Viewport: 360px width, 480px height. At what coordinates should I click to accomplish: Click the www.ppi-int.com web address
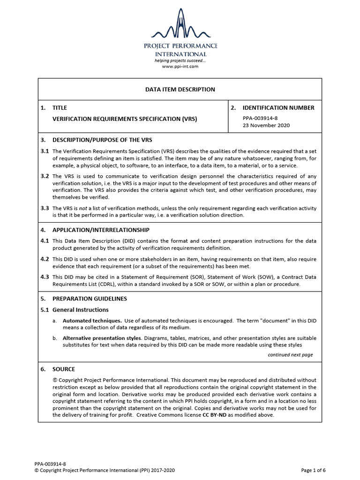pyautogui.click(x=180, y=67)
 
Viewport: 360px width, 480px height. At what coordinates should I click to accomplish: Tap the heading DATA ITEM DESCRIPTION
pyautogui.click(x=180, y=90)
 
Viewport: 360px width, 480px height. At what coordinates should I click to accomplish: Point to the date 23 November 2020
pyautogui.click(x=266, y=126)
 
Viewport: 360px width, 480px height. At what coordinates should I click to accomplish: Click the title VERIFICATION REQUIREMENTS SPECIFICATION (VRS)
pyautogui.click(x=125, y=119)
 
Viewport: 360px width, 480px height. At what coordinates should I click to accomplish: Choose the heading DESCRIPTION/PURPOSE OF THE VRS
pyautogui.click(x=102, y=140)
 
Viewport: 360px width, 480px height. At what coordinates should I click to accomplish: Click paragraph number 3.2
pyautogui.click(x=45, y=176)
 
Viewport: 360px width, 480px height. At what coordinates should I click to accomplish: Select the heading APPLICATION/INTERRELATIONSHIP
pyautogui.click(x=101, y=230)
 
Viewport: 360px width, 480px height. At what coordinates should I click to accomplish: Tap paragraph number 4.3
pyautogui.click(x=45, y=277)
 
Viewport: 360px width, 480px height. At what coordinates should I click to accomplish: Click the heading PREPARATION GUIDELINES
pyautogui.click(x=90, y=299)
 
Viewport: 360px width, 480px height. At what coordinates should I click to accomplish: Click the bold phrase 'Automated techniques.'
pyautogui.click(x=89, y=321)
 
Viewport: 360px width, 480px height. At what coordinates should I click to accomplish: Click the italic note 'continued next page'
pyautogui.click(x=290, y=355)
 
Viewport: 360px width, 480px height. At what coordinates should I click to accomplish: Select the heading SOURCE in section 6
pyautogui.click(x=63, y=369)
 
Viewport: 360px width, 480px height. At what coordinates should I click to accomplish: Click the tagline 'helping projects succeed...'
pyautogui.click(x=180, y=61)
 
